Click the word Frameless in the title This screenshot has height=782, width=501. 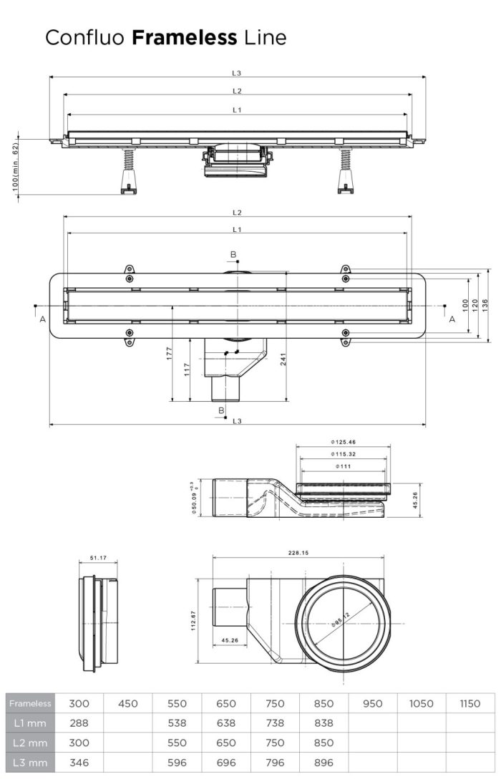point(185,38)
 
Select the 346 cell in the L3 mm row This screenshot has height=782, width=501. point(79,762)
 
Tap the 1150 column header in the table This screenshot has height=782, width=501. point(470,703)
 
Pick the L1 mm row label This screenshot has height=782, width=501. point(29,723)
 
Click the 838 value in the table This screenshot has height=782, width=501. point(324,723)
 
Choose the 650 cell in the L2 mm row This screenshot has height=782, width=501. point(226,743)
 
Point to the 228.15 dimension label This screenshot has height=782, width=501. point(298,553)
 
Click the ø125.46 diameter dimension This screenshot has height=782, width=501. point(343,442)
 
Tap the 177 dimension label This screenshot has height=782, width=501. point(170,354)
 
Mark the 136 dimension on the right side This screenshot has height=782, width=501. point(485,305)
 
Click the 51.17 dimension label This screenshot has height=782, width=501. point(98,558)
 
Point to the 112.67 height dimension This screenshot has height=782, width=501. point(193,621)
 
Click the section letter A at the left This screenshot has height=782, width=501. point(43,319)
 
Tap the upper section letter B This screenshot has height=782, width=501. point(233,254)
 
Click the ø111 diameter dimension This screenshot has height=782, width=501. point(343,466)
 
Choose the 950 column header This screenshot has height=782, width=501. point(372,703)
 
